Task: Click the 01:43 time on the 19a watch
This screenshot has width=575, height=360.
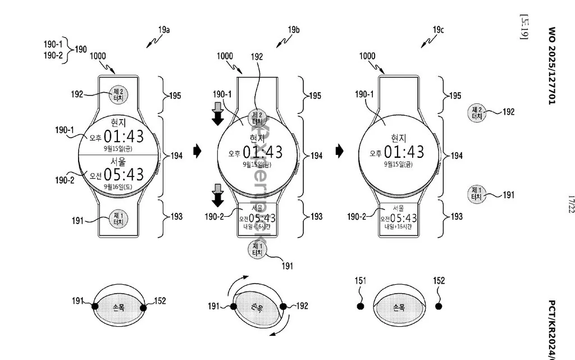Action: (x=124, y=136)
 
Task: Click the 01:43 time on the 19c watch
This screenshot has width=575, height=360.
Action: (x=404, y=152)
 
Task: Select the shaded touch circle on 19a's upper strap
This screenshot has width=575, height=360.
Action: (x=118, y=93)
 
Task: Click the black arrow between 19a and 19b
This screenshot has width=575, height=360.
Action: (x=197, y=151)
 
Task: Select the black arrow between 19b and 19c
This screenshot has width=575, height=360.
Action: (x=340, y=151)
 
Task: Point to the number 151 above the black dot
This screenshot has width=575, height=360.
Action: (x=359, y=281)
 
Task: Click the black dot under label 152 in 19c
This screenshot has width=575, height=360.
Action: (x=439, y=307)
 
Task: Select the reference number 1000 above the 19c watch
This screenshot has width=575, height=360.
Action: (x=367, y=56)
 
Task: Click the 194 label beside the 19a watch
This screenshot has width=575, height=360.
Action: (x=176, y=156)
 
